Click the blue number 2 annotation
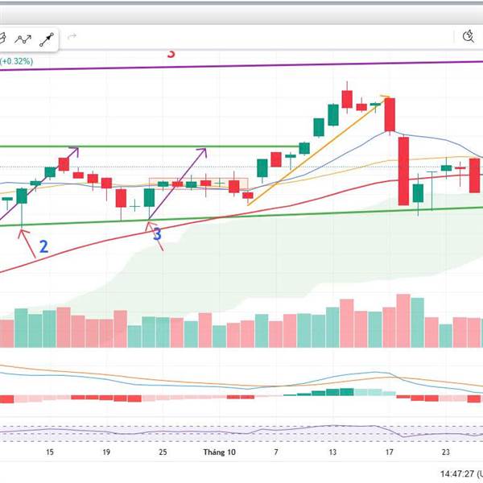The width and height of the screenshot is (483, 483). [x=43, y=246]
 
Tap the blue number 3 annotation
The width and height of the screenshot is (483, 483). [x=157, y=234]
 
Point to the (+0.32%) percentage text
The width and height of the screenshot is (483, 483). [x=17, y=60]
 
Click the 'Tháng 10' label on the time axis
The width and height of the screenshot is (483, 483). [x=219, y=452]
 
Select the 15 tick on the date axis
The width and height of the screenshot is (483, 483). [x=50, y=452]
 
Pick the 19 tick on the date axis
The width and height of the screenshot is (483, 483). [x=106, y=452]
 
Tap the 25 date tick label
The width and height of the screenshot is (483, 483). [x=163, y=452]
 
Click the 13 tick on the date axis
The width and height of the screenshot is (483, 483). [x=332, y=452]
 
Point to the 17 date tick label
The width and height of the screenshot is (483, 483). [x=389, y=452]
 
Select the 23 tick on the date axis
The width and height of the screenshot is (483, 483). [x=445, y=452]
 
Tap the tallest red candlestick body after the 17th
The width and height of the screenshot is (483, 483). [x=403, y=171]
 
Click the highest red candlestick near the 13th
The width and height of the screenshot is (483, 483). [x=347, y=98]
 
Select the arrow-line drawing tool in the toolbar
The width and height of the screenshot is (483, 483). [x=47, y=37]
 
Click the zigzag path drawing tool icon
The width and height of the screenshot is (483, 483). [x=23, y=37]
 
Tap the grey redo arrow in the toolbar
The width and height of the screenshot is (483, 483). [x=72, y=36]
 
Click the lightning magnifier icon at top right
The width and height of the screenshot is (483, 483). [x=470, y=36]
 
